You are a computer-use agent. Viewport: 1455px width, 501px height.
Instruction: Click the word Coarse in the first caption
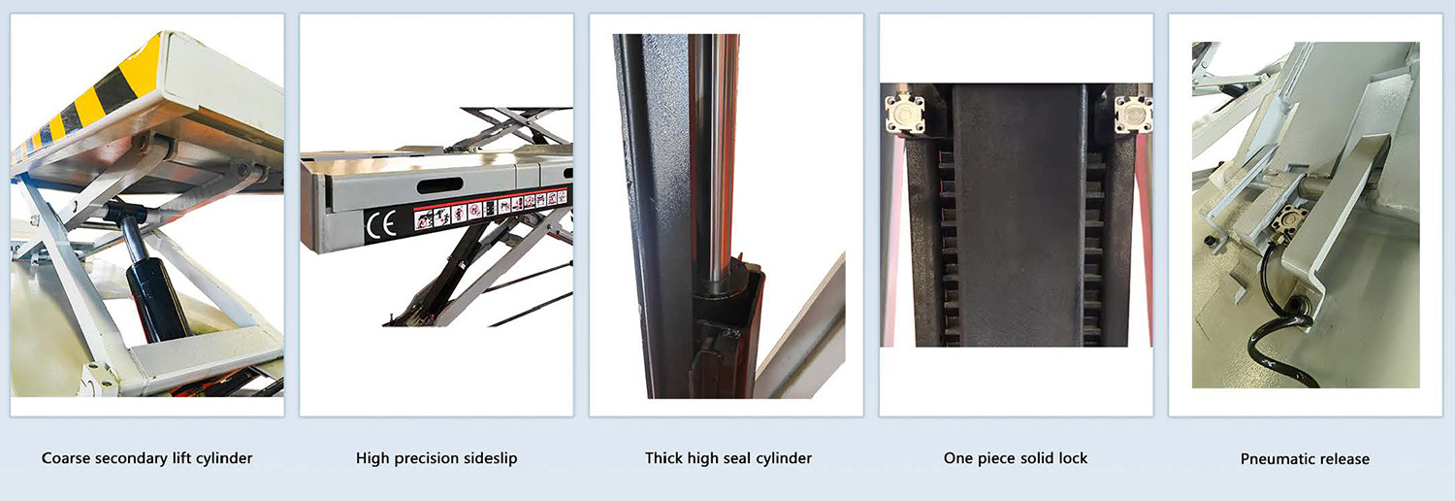pos(66,458)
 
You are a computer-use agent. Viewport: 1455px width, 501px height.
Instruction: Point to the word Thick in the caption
pos(663,458)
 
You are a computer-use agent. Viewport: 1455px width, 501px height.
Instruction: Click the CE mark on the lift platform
pos(380,225)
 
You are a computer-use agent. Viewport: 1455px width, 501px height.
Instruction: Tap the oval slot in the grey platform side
pos(439,186)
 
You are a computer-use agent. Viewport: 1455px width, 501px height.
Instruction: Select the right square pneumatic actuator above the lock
pos(1134,114)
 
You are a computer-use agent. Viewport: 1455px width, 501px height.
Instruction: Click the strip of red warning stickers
pos(491,209)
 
